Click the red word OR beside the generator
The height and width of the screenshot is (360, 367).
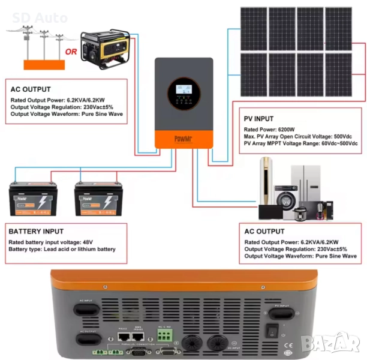pos(71,52)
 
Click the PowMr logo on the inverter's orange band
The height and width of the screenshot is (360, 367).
pos(183,139)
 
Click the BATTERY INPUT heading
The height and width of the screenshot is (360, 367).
pos(35,231)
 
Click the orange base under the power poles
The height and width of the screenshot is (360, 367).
pos(43,64)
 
